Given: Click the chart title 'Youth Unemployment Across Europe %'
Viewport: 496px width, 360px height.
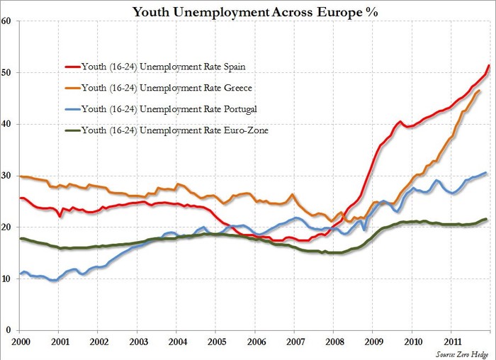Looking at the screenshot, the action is click(x=255, y=12).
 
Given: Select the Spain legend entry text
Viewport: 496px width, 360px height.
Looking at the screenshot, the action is click(x=163, y=67).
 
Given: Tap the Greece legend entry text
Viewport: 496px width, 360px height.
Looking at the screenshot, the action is click(x=167, y=88).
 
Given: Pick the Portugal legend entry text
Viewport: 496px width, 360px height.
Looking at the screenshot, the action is click(x=169, y=109).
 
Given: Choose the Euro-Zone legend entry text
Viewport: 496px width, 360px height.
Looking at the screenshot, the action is click(x=174, y=130).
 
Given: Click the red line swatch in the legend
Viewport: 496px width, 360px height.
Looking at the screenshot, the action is click(x=73, y=67).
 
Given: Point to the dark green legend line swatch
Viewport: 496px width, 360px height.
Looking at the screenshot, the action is click(x=73, y=130).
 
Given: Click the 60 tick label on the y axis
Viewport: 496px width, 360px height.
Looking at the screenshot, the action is click(x=6, y=21).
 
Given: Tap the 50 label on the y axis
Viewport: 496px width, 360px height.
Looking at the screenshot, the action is click(x=6, y=72).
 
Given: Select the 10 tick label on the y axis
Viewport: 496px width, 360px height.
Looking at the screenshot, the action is click(x=6, y=279).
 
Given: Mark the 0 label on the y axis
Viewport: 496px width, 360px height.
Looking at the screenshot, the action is click(x=8, y=330).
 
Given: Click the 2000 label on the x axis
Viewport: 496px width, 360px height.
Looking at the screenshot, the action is click(x=21, y=342).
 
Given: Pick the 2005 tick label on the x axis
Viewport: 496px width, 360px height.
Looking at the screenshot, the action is click(x=217, y=342).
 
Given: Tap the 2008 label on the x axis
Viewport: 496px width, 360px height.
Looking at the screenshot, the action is click(x=334, y=342).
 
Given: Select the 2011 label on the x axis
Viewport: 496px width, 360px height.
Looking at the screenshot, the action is click(x=452, y=342).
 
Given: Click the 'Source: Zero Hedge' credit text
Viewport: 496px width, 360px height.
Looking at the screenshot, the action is click(x=462, y=354).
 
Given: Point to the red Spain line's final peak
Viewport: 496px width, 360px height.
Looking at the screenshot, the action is click(x=489, y=65).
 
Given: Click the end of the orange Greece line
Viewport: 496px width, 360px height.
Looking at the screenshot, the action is click(x=479, y=91).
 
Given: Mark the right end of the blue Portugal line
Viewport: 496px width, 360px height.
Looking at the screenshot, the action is click(x=485, y=173).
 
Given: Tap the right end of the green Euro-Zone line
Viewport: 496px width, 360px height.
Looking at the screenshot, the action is click(x=486, y=219).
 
